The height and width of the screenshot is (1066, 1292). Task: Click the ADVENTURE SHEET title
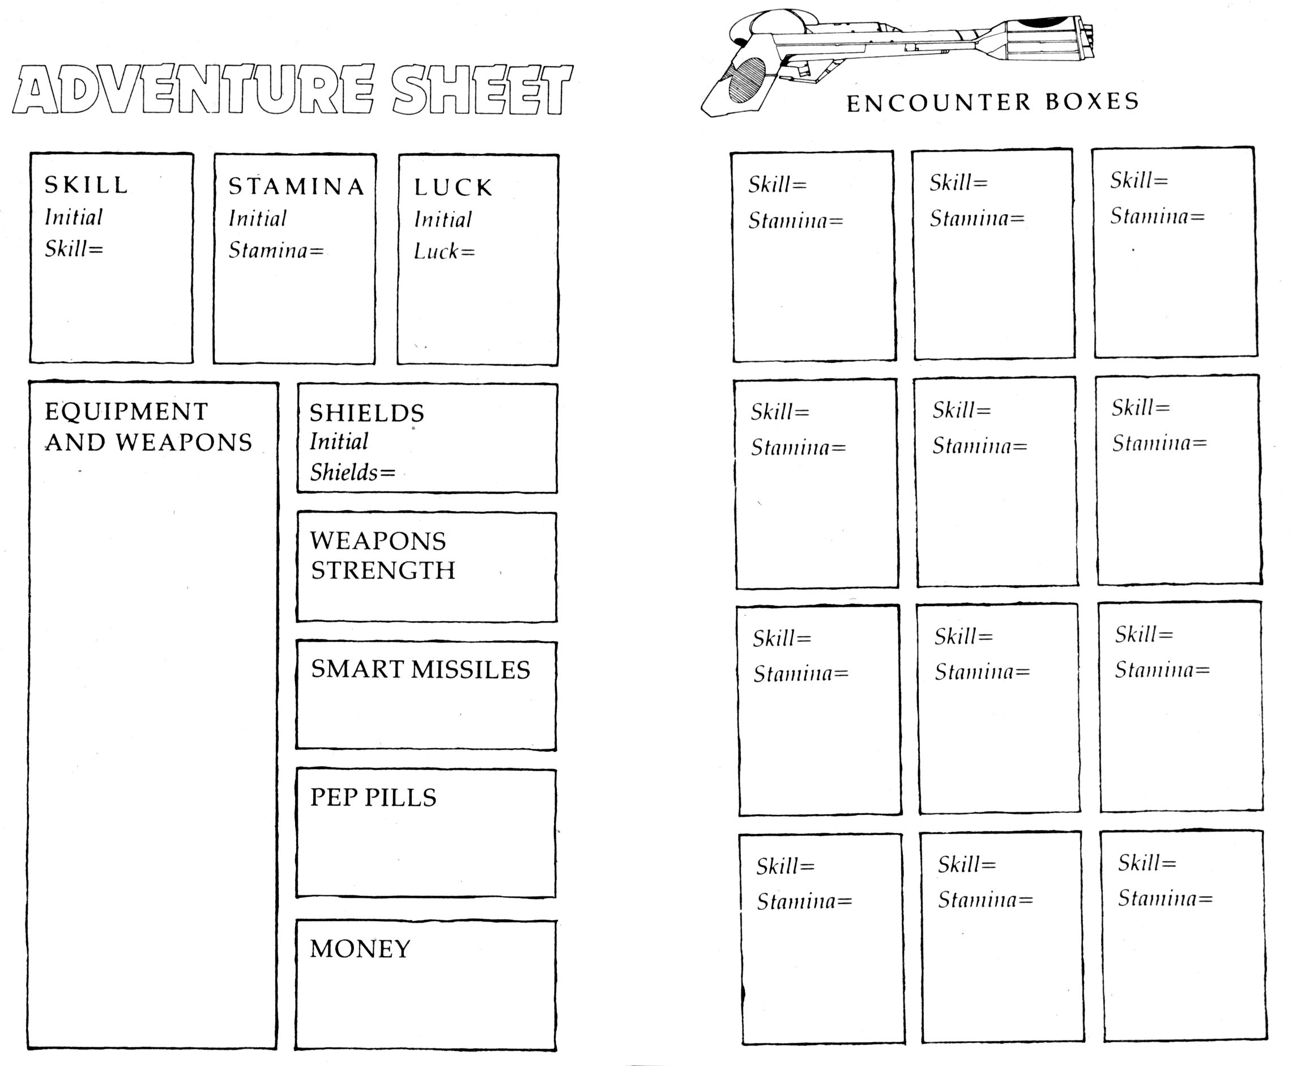292,89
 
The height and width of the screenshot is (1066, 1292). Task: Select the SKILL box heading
87,184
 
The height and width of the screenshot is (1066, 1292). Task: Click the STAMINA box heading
297,186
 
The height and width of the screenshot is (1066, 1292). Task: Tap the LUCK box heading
453,187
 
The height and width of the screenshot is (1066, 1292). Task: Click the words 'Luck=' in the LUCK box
444,251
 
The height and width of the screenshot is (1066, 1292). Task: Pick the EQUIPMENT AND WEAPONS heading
148,427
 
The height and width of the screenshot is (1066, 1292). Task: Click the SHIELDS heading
366,413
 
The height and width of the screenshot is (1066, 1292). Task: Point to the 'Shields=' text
352,472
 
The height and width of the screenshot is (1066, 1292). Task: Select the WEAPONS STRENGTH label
382,556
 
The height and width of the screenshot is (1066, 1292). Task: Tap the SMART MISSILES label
420,670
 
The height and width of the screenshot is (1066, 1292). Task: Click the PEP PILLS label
373,798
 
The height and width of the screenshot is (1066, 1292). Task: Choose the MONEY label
360,949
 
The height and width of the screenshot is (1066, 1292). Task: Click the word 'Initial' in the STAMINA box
257,218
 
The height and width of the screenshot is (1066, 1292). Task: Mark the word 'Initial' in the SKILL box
74,217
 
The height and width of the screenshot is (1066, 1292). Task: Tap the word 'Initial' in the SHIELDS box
339,441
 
